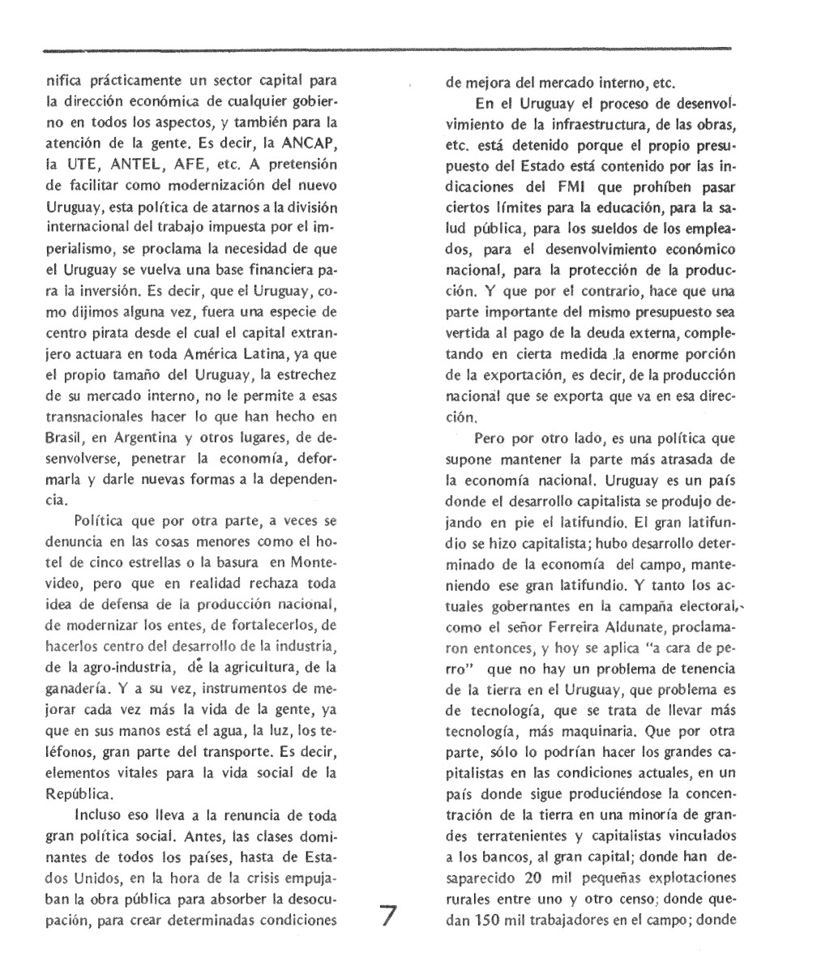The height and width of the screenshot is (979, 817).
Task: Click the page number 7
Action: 388,917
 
